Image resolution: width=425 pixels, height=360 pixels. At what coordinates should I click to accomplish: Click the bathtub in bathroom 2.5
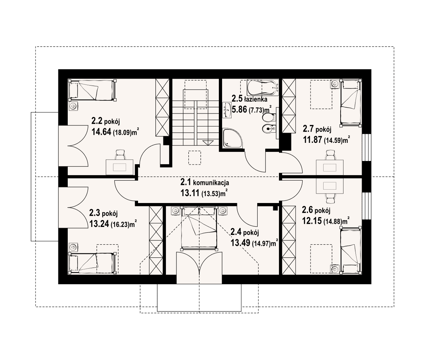(x=263, y=87)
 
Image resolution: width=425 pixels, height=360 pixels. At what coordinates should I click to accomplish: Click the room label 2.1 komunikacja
(x=205, y=182)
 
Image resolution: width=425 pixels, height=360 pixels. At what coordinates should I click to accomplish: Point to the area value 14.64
(x=101, y=132)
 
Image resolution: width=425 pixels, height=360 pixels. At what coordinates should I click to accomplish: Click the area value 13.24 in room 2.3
(x=99, y=224)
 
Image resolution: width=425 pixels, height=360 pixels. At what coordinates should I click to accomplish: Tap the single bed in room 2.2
(x=92, y=90)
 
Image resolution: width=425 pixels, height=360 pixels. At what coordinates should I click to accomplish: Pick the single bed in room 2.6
(x=351, y=250)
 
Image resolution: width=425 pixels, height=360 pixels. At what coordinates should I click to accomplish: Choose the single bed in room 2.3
(x=92, y=262)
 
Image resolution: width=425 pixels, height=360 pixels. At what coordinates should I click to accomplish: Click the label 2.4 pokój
(x=245, y=232)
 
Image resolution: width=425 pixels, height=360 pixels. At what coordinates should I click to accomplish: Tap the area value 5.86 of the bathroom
(x=239, y=109)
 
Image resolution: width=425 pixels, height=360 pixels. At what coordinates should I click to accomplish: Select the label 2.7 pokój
(x=317, y=129)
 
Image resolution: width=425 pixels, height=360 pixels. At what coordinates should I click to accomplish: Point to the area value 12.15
(x=312, y=221)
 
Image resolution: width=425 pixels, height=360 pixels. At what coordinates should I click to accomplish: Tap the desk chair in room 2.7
(x=330, y=155)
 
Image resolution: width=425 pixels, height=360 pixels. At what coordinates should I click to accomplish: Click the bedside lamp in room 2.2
(x=73, y=106)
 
